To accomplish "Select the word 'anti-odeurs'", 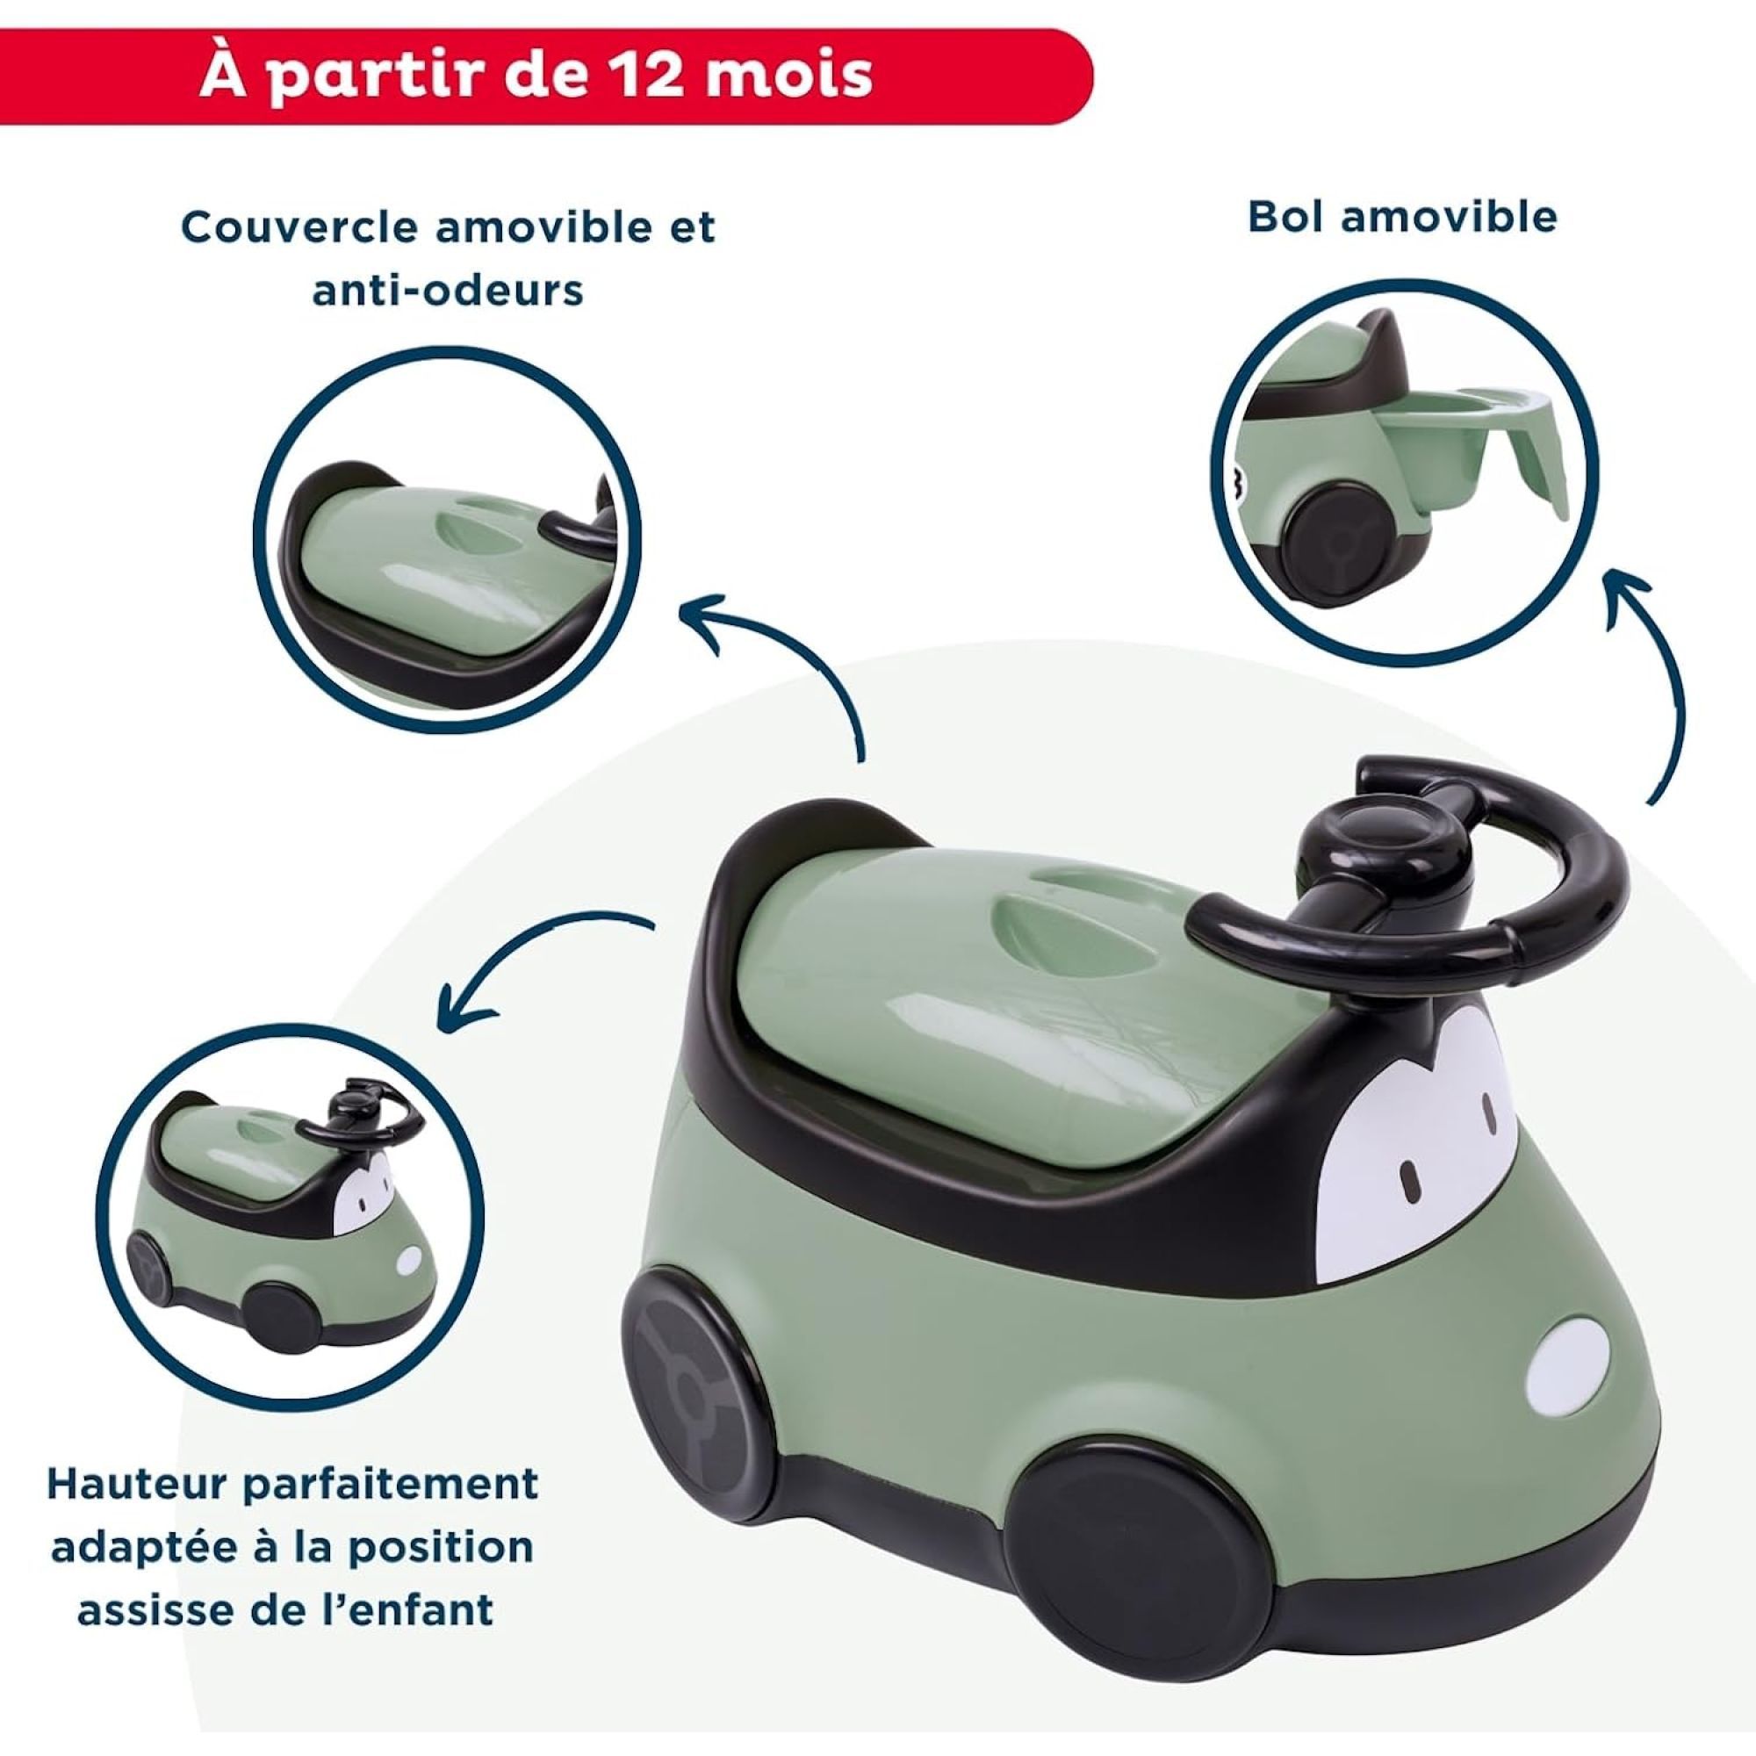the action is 448,291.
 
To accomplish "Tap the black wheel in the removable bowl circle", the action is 1334,557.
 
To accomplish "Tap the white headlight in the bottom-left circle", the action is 410,1260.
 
